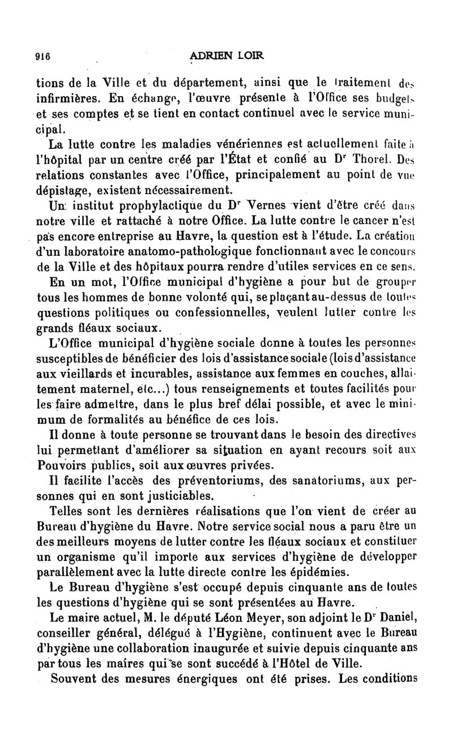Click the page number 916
tap(43, 56)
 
